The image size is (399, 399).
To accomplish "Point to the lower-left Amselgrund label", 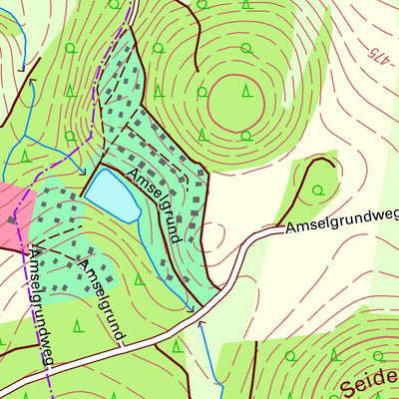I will [100, 297].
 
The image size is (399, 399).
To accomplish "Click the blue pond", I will [111, 195].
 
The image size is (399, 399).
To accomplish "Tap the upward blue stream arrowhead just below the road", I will [200, 323].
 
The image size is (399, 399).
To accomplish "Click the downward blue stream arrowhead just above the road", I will [191, 308].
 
